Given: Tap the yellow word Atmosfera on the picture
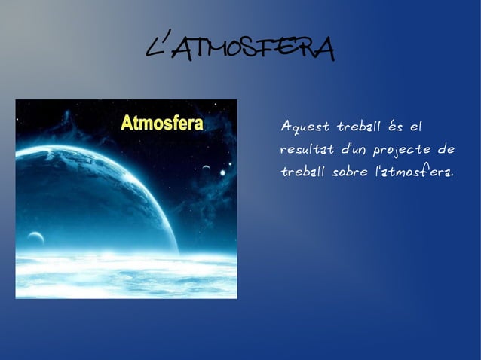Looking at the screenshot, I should pos(162,124).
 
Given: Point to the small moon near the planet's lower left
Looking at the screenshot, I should pos(35,239).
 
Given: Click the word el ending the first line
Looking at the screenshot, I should pos(422,124).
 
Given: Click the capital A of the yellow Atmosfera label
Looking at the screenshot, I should pos(127,124).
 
